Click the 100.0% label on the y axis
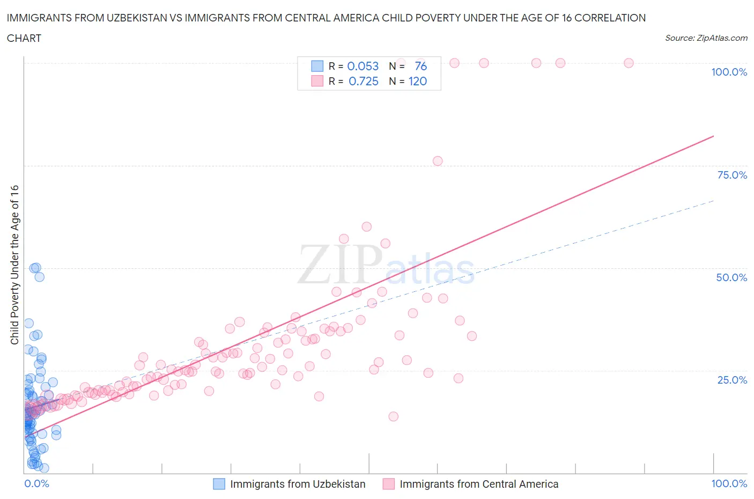pyautogui.click(x=729, y=72)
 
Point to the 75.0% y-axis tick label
pyautogui.click(x=732, y=175)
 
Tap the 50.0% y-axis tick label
pyautogui.click(x=731, y=277)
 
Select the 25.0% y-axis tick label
pyautogui.click(x=732, y=380)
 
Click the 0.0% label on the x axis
pyautogui.click(x=36, y=483)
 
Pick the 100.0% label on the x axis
pyautogui.click(x=729, y=483)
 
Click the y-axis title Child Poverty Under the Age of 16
pyautogui.click(x=14, y=265)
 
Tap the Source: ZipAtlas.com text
pyautogui.click(x=706, y=38)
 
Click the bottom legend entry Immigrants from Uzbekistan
pyautogui.click(x=298, y=484)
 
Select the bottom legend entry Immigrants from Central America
pyautogui.click(x=479, y=484)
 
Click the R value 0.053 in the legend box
pyautogui.click(x=363, y=66)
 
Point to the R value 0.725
pyautogui.click(x=363, y=81)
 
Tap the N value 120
pyautogui.click(x=418, y=81)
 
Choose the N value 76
pyautogui.click(x=420, y=66)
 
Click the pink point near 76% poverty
pyautogui.click(x=438, y=161)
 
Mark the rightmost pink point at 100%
pyautogui.click(x=629, y=63)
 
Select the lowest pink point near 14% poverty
pyautogui.click(x=393, y=416)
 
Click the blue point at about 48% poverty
pyautogui.click(x=39, y=277)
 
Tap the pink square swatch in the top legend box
pyautogui.click(x=317, y=81)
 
